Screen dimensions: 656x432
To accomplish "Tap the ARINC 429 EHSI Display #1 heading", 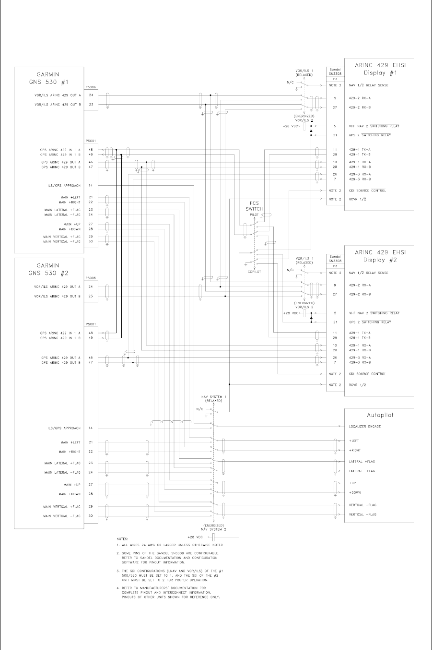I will pyautogui.click(x=380, y=68).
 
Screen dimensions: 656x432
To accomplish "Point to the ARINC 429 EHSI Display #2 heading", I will pyautogui.click(x=380, y=256).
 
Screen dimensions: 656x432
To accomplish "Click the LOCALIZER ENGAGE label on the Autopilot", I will pyautogui.click(x=364, y=427).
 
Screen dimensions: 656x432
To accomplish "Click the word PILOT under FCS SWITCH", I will pyautogui.click(x=254, y=215).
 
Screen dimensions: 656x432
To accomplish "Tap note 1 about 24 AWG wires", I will pyautogui.click(x=169, y=545).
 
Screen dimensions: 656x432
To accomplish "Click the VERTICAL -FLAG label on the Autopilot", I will pyautogui.click(x=362, y=515).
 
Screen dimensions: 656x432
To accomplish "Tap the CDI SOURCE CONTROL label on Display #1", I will pyautogui.click(x=367, y=191).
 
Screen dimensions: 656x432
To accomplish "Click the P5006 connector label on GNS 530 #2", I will pyautogui.click(x=91, y=278).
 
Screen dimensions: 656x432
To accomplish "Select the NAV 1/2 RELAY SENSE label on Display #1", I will pyautogui.click(x=368, y=85).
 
